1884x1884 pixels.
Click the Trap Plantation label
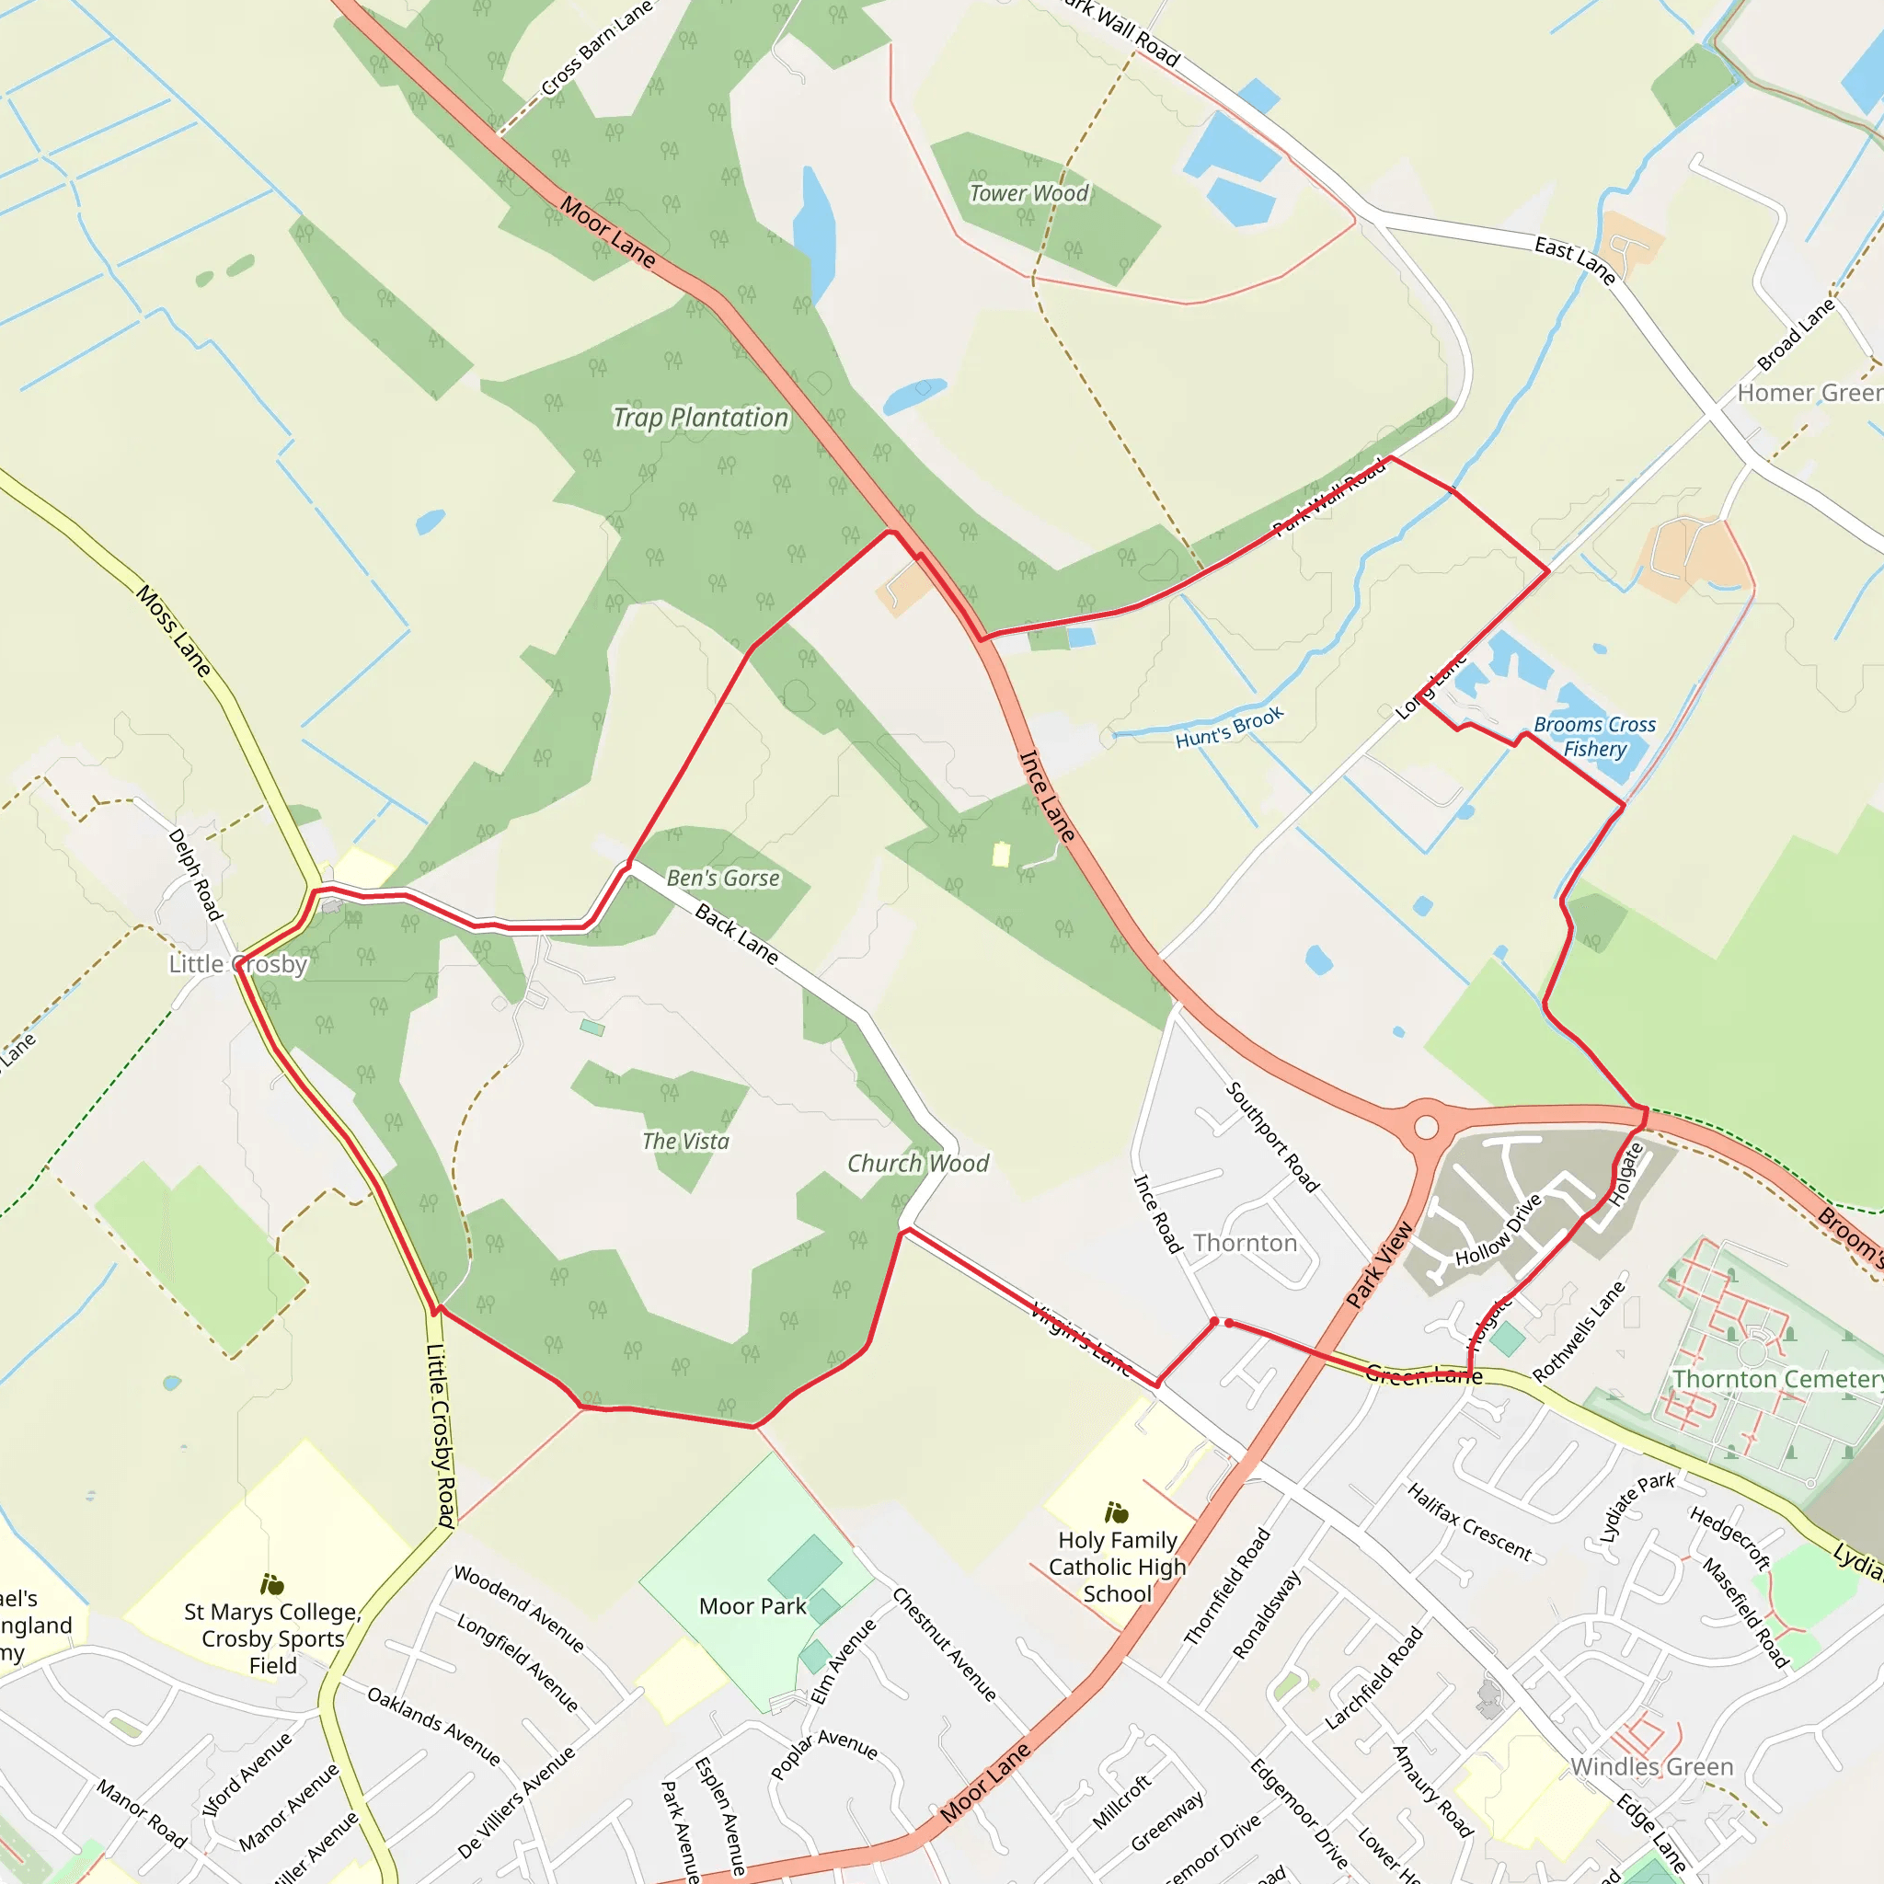(x=700, y=419)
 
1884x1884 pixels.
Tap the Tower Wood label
(x=1028, y=193)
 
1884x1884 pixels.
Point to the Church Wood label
(x=917, y=1164)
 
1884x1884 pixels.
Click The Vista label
(x=685, y=1141)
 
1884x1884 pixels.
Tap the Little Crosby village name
(x=238, y=964)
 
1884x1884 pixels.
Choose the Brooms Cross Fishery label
(x=1594, y=736)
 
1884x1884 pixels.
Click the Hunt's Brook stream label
(x=1229, y=728)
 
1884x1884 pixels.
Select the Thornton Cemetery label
(x=1776, y=1379)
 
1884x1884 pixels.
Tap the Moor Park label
(x=752, y=1606)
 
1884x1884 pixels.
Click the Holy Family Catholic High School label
(x=1118, y=1567)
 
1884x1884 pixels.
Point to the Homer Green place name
(x=1809, y=393)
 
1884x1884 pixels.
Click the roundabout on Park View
(x=1427, y=1128)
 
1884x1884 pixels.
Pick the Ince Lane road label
(x=1047, y=796)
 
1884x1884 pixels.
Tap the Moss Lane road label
(x=174, y=631)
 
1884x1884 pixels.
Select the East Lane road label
(x=1575, y=259)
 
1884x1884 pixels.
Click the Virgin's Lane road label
(x=1081, y=1338)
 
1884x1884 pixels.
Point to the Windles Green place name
(x=1652, y=1767)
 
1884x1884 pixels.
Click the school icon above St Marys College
(x=272, y=1585)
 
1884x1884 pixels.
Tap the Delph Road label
(x=195, y=874)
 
